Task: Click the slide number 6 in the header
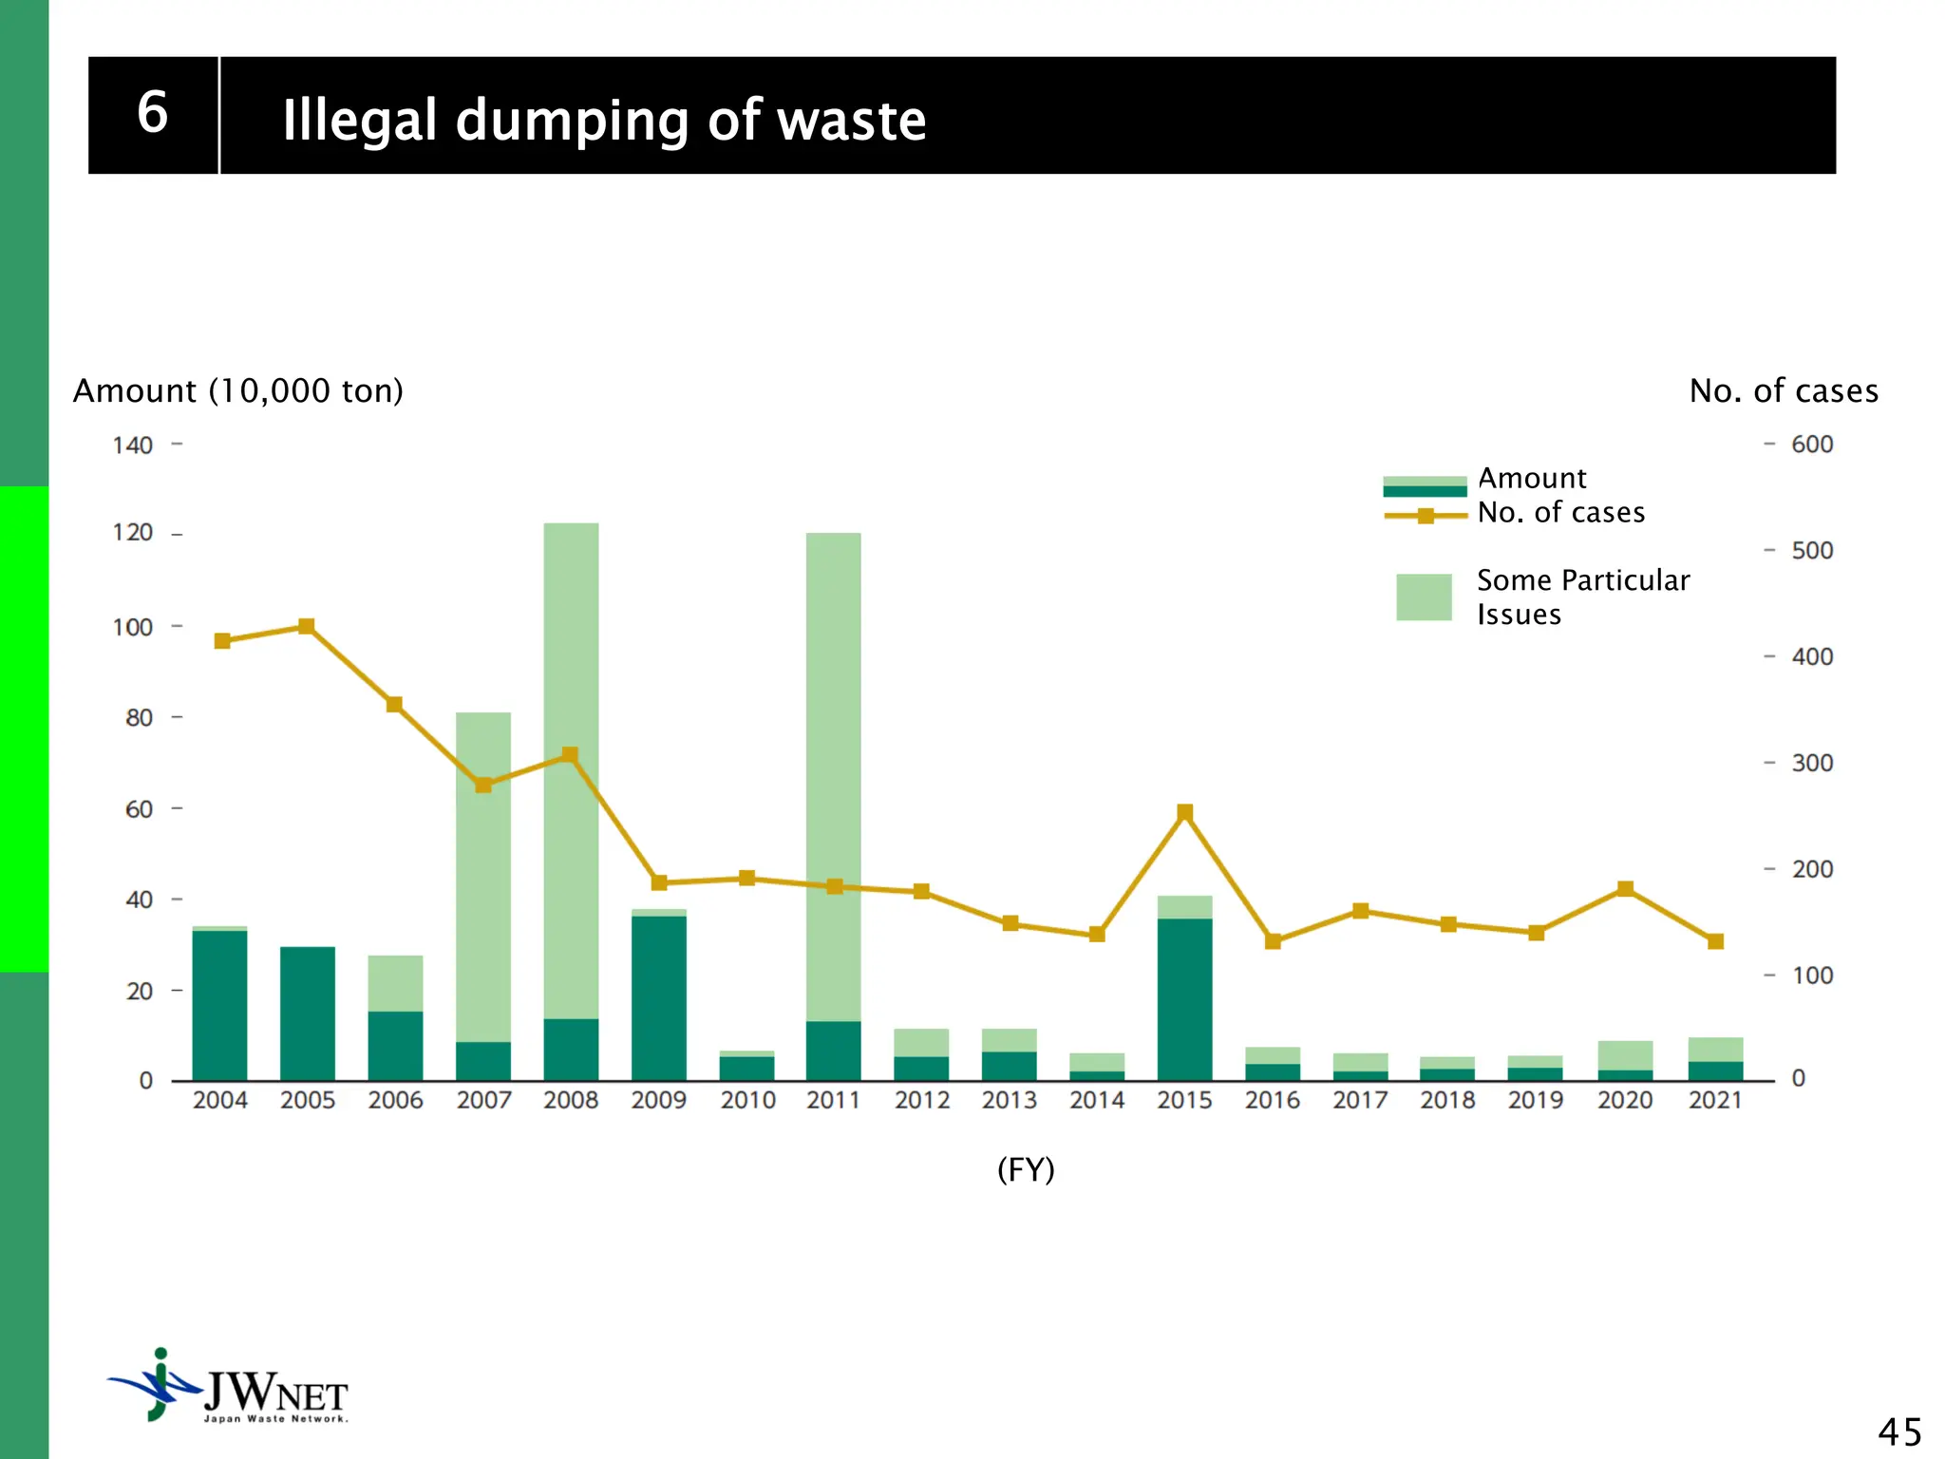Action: coord(152,113)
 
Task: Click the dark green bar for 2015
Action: coord(1184,997)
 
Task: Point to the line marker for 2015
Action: coord(1184,812)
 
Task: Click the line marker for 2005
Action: coord(307,626)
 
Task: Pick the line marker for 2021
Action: coord(1715,941)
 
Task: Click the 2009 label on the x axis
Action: coord(658,1100)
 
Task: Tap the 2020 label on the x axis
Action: coord(1624,1100)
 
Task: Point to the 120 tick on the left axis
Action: coord(133,533)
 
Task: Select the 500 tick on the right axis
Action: coord(1811,551)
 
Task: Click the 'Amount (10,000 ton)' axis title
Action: coord(238,390)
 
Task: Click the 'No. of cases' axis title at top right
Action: coord(1783,390)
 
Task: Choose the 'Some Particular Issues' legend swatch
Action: coord(1423,597)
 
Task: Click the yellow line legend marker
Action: coord(1425,516)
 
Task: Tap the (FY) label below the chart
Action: coord(1026,1169)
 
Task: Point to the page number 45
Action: coord(1898,1431)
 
